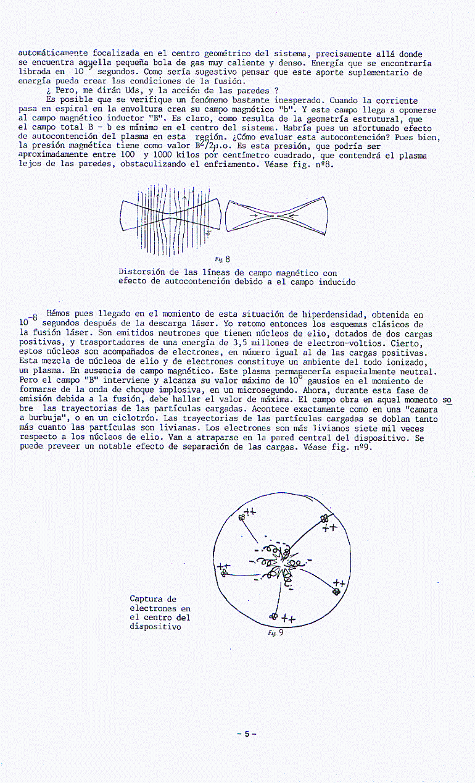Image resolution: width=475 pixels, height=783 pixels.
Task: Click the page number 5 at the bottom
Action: point(246,734)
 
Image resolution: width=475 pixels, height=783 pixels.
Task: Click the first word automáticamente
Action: point(54,54)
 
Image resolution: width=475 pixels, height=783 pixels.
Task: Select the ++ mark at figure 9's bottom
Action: point(289,619)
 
